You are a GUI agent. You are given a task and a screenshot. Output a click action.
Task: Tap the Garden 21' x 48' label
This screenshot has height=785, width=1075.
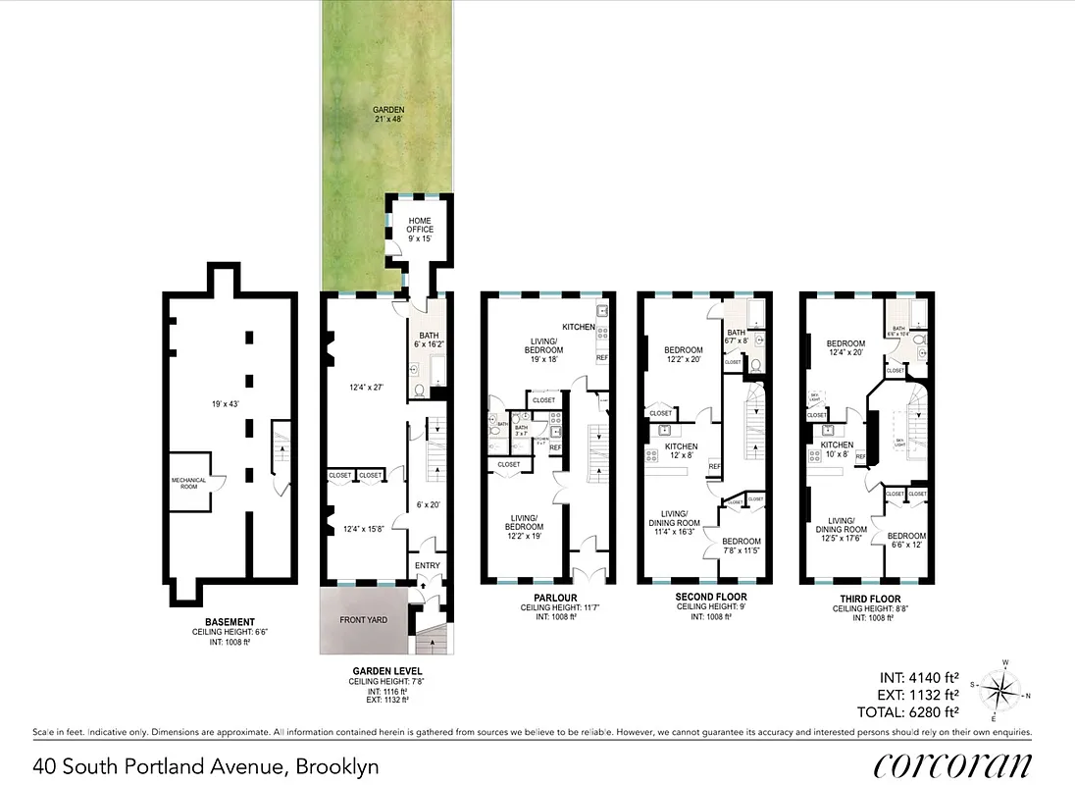pyautogui.click(x=388, y=114)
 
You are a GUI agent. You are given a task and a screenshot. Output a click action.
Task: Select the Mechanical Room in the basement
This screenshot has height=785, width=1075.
pyautogui.click(x=189, y=485)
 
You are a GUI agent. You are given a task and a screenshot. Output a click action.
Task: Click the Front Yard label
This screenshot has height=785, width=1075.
pyautogui.click(x=362, y=620)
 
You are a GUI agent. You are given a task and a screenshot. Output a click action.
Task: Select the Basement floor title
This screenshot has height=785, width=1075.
pyautogui.click(x=230, y=622)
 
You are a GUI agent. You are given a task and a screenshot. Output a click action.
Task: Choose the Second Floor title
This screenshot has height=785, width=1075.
pyautogui.click(x=710, y=597)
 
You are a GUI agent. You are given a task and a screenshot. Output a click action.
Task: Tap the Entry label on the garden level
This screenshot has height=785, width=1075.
pyautogui.click(x=429, y=565)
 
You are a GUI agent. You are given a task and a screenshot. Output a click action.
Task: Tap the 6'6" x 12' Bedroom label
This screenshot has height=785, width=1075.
pyautogui.click(x=906, y=541)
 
